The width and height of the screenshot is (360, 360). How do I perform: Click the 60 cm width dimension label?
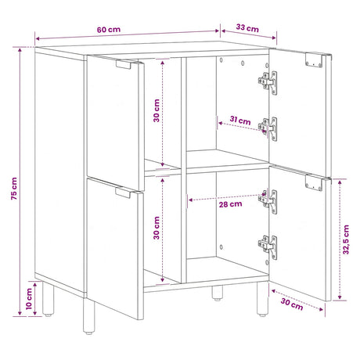click(109, 30)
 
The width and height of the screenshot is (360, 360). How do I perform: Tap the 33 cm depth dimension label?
click(247, 27)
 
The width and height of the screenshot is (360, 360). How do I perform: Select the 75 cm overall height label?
click(14, 189)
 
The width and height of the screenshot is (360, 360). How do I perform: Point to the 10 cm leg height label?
click(29, 299)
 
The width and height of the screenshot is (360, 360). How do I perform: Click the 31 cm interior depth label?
click(240, 121)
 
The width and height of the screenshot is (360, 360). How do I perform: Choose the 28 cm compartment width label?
click(230, 204)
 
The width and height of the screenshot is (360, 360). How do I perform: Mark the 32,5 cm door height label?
click(346, 239)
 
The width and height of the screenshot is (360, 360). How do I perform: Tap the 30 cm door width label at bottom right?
click(292, 304)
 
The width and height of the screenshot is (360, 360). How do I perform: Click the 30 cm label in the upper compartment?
click(157, 110)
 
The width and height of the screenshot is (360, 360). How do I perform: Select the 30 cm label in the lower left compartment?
click(157, 228)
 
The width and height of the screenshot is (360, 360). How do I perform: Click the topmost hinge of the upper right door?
click(268, 83)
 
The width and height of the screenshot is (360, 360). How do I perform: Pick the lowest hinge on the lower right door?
click(268, 247)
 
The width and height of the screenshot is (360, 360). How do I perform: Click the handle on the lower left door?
click(123, 193)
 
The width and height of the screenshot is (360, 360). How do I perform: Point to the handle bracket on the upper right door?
click(314, 60)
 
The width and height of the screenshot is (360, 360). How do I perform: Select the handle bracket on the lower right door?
click(314, 183)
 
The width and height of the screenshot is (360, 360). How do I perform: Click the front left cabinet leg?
click(89, 316)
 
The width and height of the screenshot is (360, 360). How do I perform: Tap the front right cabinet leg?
click(262, 299)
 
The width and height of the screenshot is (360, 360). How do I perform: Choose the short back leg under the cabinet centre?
click(217, 293)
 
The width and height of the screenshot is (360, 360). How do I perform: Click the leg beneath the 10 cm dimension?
click(48, 299)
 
